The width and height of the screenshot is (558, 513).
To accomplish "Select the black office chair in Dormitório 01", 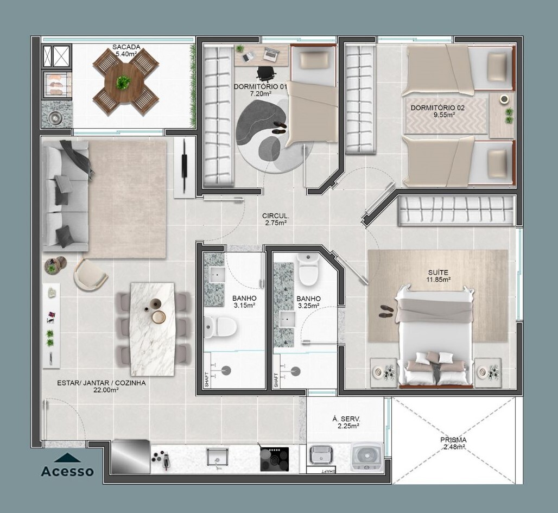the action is click(x=266, y=74).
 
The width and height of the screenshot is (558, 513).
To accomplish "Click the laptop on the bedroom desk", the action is click(x=271, y=53).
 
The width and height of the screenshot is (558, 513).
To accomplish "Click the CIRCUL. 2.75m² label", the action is click(x=276, y=219).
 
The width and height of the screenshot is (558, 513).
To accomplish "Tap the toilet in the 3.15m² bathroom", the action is click(x=220, y=326).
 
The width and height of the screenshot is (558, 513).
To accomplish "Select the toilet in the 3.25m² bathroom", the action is click(x=308, y=269).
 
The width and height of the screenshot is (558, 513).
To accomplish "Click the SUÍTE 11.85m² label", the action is click(x=439, y=276).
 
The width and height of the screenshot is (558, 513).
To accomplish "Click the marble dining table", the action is click(x=153, y=329).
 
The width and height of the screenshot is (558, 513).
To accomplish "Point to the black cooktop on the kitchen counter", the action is click(x=274, y=459).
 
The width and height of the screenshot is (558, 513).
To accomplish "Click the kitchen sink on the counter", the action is click(x=218, y=457).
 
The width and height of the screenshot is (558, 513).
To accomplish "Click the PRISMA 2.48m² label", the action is click(x=453, y=444).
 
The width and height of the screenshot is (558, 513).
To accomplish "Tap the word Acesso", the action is click(x=67, y=471).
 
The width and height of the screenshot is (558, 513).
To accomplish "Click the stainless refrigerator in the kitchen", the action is click(x=131, y=457).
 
